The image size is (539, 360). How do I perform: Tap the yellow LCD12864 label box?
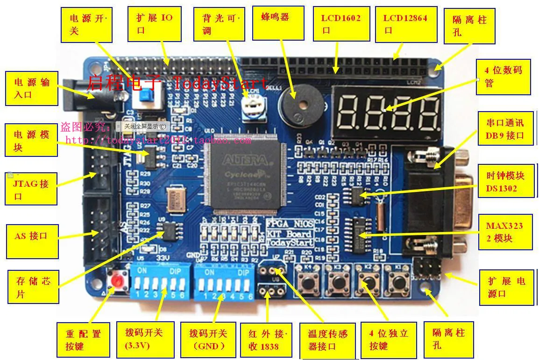point(405,24)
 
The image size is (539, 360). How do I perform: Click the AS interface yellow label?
point(32,241)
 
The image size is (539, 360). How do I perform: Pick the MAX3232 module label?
point(505,232)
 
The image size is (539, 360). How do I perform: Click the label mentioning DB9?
point(505,129)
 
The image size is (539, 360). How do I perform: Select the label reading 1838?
point(266,340)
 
